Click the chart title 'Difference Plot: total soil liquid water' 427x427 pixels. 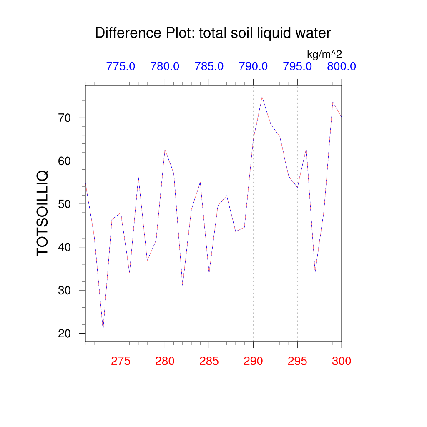click(x=213, y=33)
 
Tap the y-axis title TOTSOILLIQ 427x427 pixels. click(x=43, y=213)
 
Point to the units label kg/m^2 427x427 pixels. click(x=324, y=54)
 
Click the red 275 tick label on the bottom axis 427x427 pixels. click(x=121, y=361)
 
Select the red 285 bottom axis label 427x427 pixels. click(x=209, y=361)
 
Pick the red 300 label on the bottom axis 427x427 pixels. click(x=341, y=361)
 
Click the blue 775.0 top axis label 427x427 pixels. click(x=121, y=66)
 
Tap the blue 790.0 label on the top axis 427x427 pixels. click(x=253, y=66)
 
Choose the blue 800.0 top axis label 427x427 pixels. click(x=341, y=66)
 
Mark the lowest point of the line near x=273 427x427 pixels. click(x=103, y=329)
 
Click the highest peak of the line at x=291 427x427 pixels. click(x=262, y=97)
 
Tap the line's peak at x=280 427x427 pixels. click(x=165, y=150)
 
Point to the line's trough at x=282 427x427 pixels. click(x=183, y=285)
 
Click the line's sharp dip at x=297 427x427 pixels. click(x=315, y=271)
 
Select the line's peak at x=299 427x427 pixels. click(x=333, y=102)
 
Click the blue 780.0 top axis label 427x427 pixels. click(x=165, y=66)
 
